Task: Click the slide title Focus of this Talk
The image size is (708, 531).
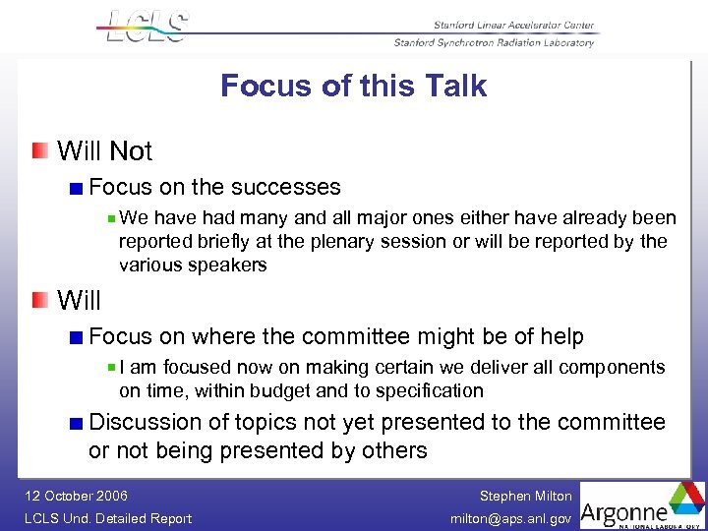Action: click(x=353, y=86)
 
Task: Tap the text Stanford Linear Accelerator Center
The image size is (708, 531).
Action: click(x=512, y=26)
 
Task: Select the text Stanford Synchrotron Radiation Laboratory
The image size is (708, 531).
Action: click(x=494, y=43)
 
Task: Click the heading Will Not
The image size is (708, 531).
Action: click(x=105, y=151)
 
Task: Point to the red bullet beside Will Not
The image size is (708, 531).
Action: click(x=38, y=150)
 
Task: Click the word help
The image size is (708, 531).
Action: click(x=561, y=336)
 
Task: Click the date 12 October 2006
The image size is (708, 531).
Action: click(x=77, y=496)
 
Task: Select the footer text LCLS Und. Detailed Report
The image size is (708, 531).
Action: click(x=108, y=518)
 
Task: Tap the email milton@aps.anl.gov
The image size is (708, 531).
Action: click(x=510, y=518)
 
